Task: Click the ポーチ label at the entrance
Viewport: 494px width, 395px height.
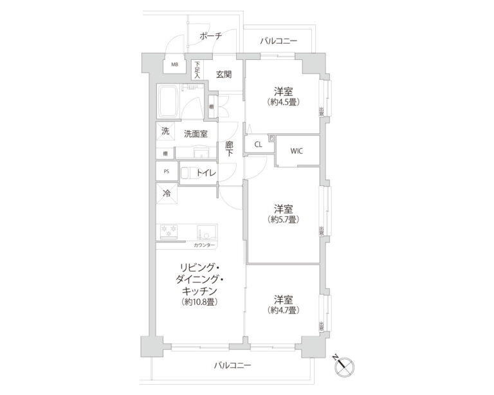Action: click(x=210, y=36)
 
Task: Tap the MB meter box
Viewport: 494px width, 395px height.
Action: click(x=174, y=65)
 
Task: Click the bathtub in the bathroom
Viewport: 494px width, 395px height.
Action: click(x=169, y=102)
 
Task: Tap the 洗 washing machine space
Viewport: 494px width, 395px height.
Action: click(x=165, y=133)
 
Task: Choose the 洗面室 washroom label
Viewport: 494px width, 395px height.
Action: click(x=196, y=134)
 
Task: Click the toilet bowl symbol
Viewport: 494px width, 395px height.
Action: click(x=187, y=172)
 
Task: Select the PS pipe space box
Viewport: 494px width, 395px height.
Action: click(x=165, y=172)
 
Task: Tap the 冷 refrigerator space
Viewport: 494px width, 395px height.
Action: click(x=166, y=192)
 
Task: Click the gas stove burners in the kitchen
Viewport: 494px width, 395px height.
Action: click(x=169, y=232)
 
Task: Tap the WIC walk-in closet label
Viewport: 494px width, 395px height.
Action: click(x=297, y=151)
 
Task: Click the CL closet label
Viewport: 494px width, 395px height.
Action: click(x=258, y=145)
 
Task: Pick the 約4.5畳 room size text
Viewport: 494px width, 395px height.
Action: click(x=284, y=102)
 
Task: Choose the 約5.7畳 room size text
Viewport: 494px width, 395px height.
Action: click(x=284, y=219)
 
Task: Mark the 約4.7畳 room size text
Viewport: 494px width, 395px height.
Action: click(x=284, y=310)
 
